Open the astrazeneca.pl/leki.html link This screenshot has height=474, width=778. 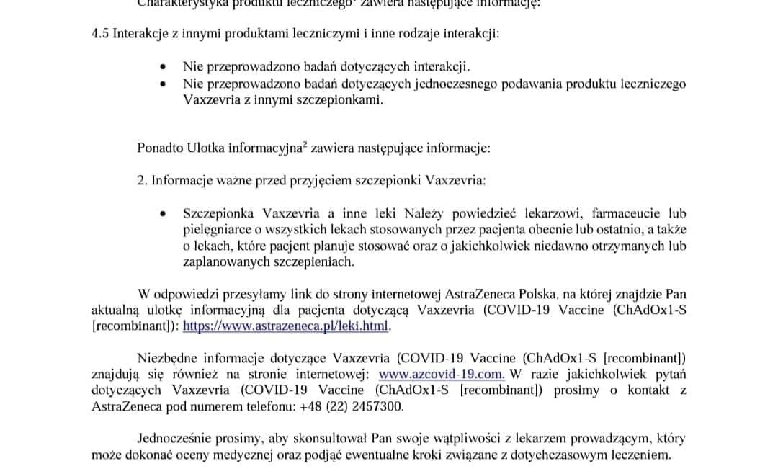click(x=286, y=326)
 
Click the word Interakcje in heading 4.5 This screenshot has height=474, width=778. click(x=140, y=35)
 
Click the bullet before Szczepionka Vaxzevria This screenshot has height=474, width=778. click(x=165, y=214)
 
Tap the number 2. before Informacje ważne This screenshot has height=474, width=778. click(x=143, y=180)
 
